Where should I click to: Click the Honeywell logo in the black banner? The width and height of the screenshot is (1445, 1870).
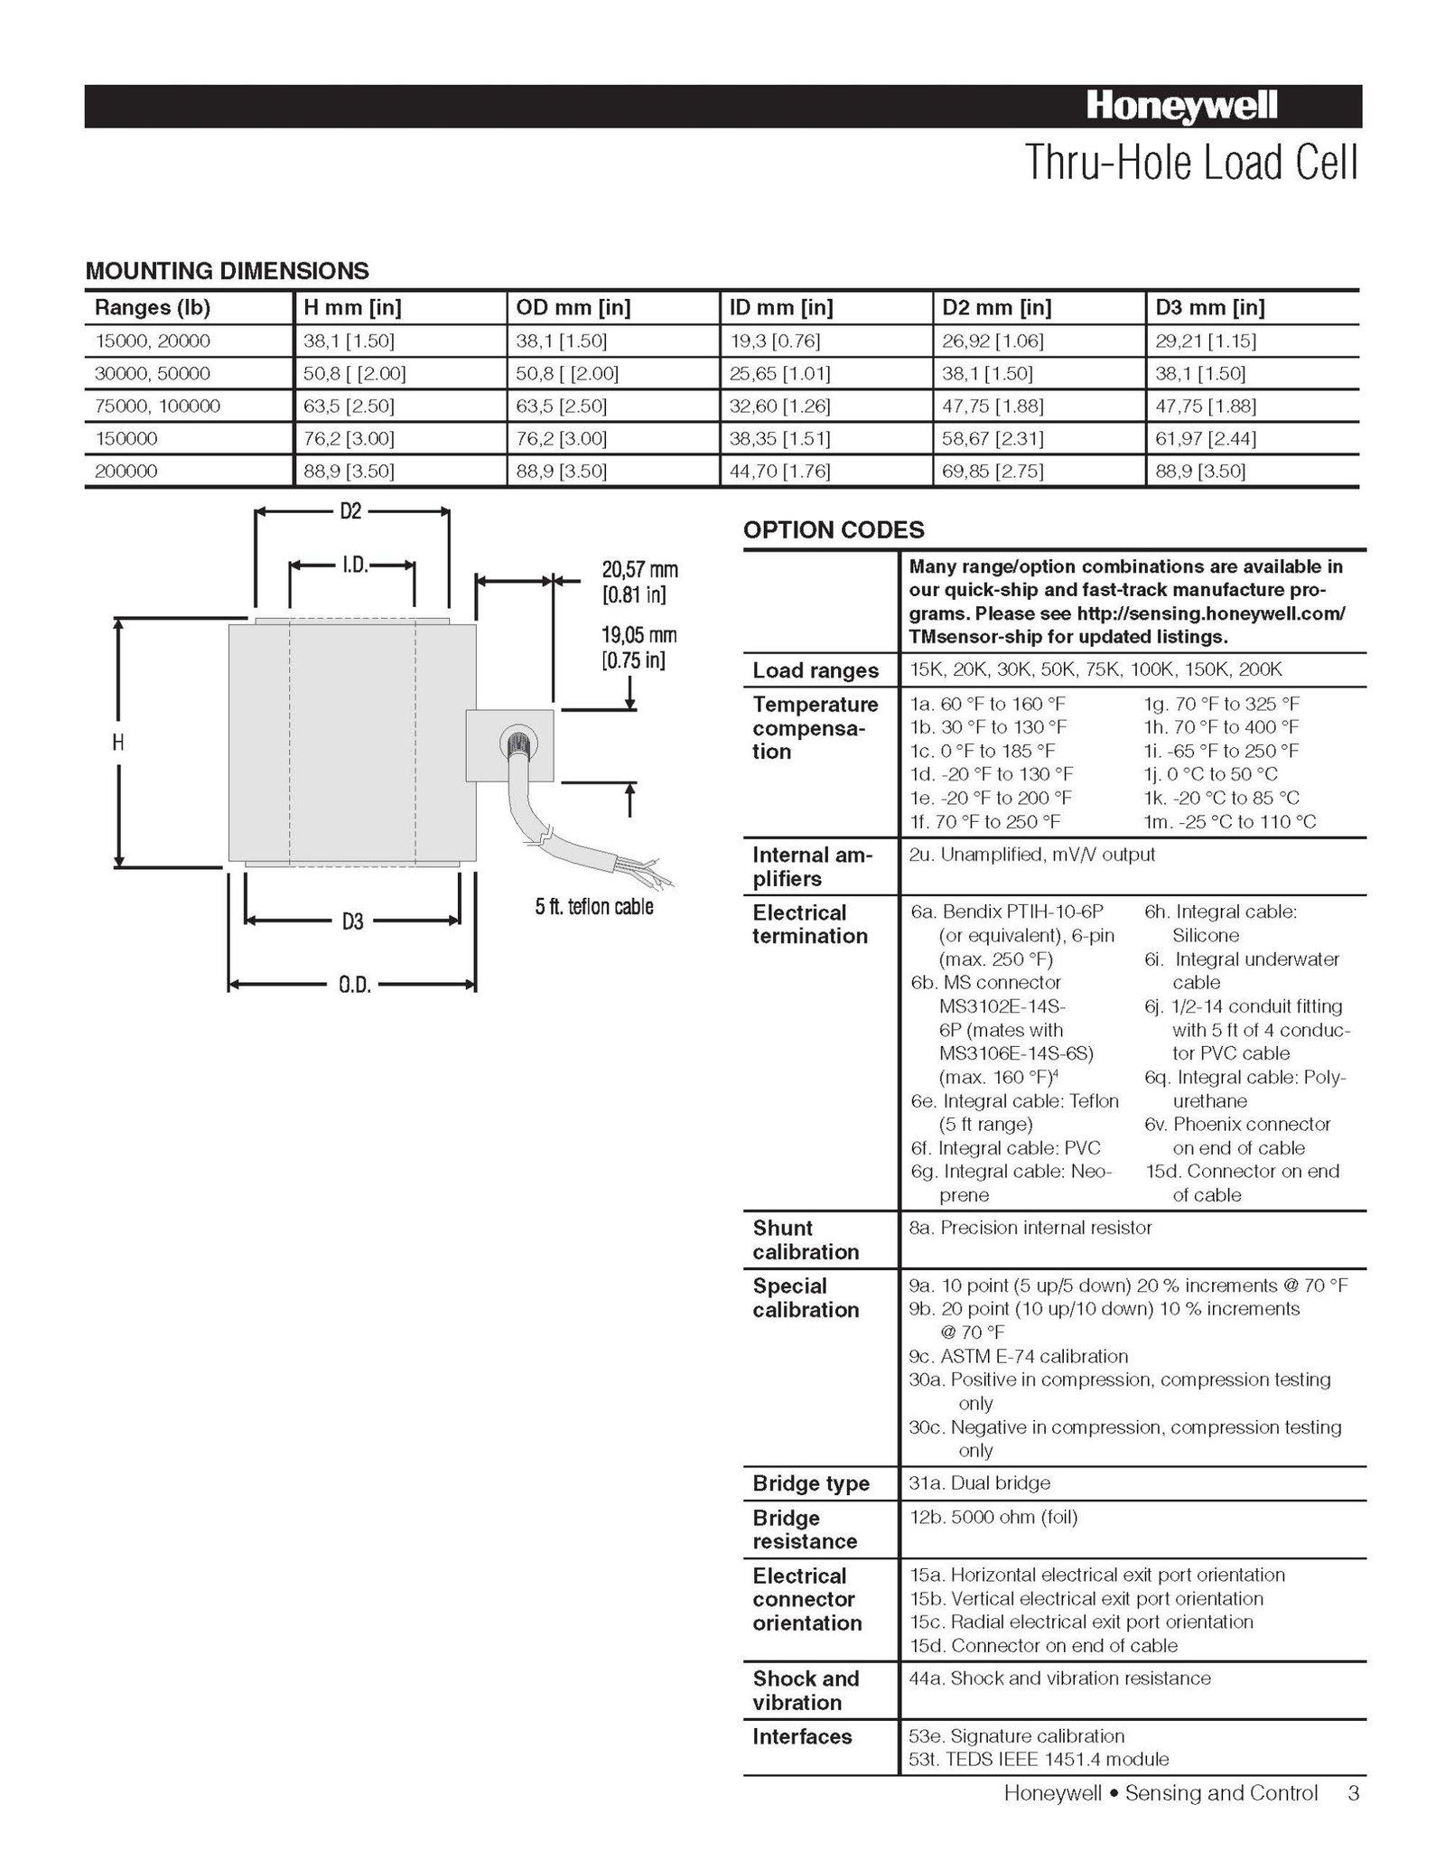[x=1181, y=107]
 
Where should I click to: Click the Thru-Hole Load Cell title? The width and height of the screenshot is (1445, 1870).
[x=1190, y=164]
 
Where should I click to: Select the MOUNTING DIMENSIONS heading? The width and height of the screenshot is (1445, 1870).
[x=227, y=270]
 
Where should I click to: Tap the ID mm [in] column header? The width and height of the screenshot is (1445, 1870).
[x=780, y=307]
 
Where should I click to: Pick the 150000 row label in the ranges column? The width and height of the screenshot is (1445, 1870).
[x=126, y=438]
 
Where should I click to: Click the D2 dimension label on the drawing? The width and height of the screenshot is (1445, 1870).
[x=350, y=511]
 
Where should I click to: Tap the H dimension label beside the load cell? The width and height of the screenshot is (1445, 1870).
[x=118, y=743]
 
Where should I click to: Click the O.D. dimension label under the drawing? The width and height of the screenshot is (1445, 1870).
[x=355, y=985]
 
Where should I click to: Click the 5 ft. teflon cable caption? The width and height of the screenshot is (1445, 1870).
[x=594, y=906]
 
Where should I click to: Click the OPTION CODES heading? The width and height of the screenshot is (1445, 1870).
[x=834, y=529]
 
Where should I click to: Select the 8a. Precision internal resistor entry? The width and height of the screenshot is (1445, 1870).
[x=1030, y=1228]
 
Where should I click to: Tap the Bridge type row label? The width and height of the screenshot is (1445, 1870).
[x=811, y=1483]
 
